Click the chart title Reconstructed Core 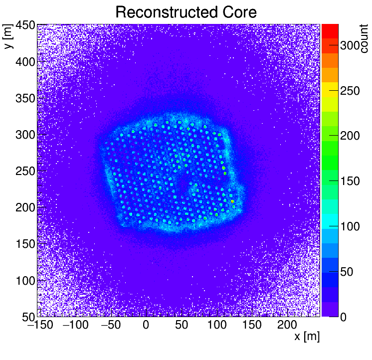point(186,12)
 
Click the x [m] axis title point(307,337)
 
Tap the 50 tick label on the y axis point(27,316)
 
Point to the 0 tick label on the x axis point(146,325)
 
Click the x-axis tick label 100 point(216,325)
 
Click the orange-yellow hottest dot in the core point(232,201)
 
